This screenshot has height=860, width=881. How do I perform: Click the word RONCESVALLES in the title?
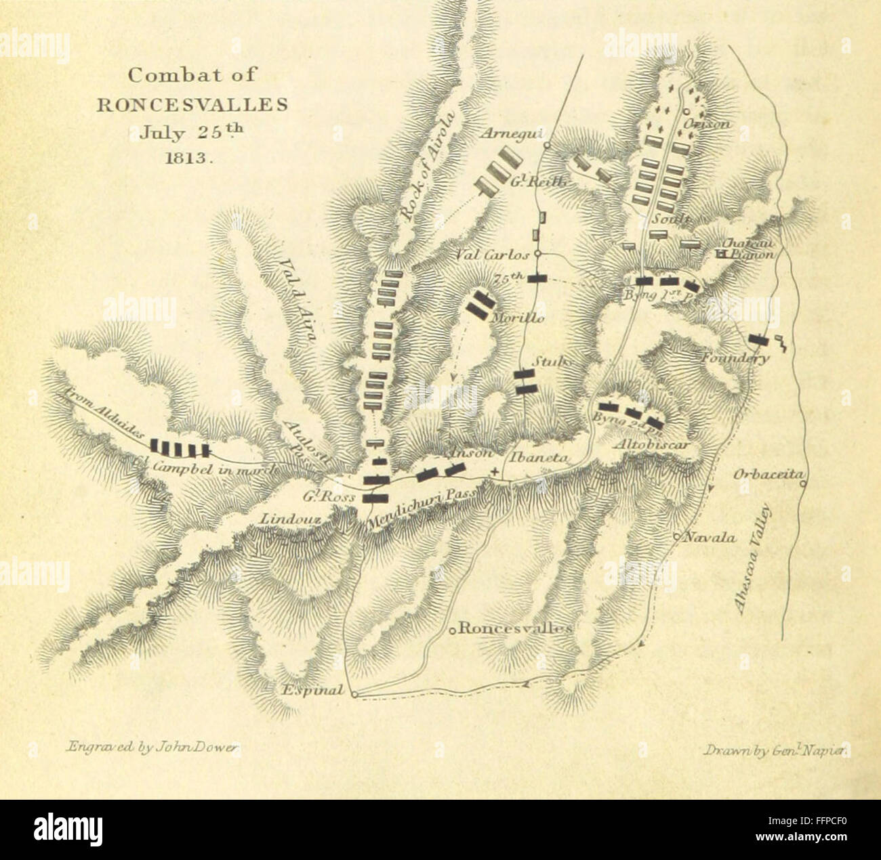(x=192, y=105)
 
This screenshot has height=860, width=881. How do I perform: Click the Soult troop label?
(x=672, y=219)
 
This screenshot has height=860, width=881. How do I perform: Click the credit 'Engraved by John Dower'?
(x=152, y=747)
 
